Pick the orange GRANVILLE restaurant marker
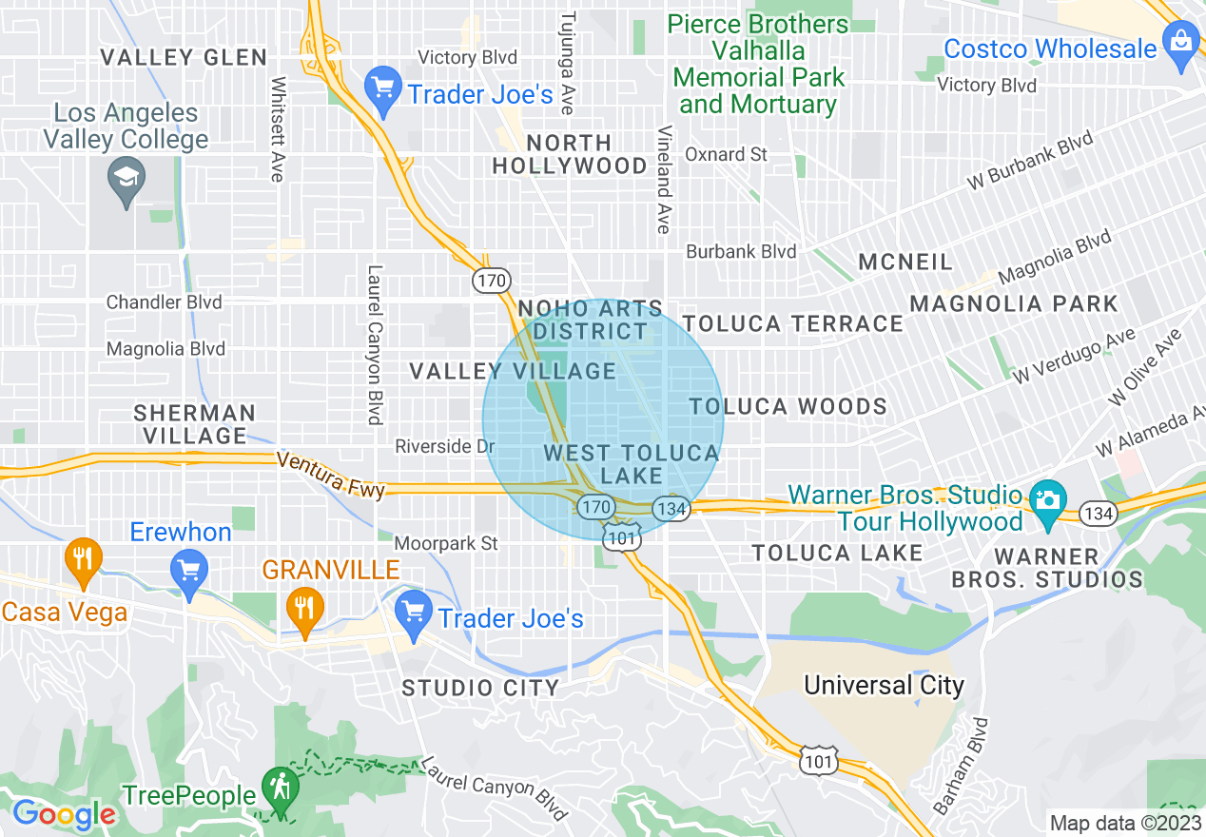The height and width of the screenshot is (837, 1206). click(303, 609)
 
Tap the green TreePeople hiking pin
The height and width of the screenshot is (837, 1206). click(280, 790)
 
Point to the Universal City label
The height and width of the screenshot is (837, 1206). click(884, 685)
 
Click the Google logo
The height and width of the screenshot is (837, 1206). click(64, 814)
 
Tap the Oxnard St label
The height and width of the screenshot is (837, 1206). click(726, 154)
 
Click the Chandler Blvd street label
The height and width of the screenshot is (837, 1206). click(164, 302)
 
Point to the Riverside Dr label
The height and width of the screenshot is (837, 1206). click(445, 446)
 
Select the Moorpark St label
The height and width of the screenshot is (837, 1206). click(446, 543)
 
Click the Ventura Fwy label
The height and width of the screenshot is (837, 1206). click(331, 475)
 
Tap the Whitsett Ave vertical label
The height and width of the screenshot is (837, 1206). click(278, 128)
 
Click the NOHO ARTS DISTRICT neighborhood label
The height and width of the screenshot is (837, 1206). click(590, 320)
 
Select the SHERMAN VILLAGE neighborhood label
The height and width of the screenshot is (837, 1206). click(194, 424)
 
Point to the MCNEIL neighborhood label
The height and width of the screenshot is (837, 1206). click(904, 262)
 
